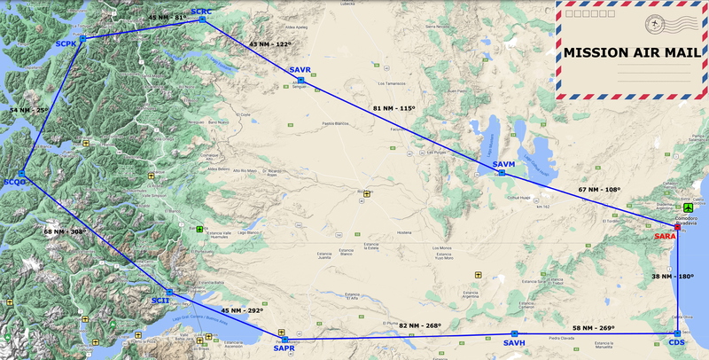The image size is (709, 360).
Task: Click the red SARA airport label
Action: (665, 236)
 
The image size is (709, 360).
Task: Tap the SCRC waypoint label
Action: (202, 11)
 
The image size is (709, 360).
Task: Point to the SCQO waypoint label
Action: (15, 182)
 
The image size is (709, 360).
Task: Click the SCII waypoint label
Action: (160, 301)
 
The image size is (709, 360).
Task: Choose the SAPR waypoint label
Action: (284, 348)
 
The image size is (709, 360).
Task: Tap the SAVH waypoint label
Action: (514, 343)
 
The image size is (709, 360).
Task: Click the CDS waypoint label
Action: (677, 343)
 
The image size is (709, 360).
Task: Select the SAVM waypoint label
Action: (503, 165)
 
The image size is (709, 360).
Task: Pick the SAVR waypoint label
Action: (300, 69)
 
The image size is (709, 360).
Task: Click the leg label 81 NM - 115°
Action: (394, 108)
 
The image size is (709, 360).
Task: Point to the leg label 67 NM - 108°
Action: (600, 190)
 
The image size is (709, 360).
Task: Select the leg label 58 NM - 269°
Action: (594, 328)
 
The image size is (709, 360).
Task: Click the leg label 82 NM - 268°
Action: (420, 325)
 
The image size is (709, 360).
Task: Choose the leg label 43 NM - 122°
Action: (269, 43)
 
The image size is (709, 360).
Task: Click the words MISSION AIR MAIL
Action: (631, 52)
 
